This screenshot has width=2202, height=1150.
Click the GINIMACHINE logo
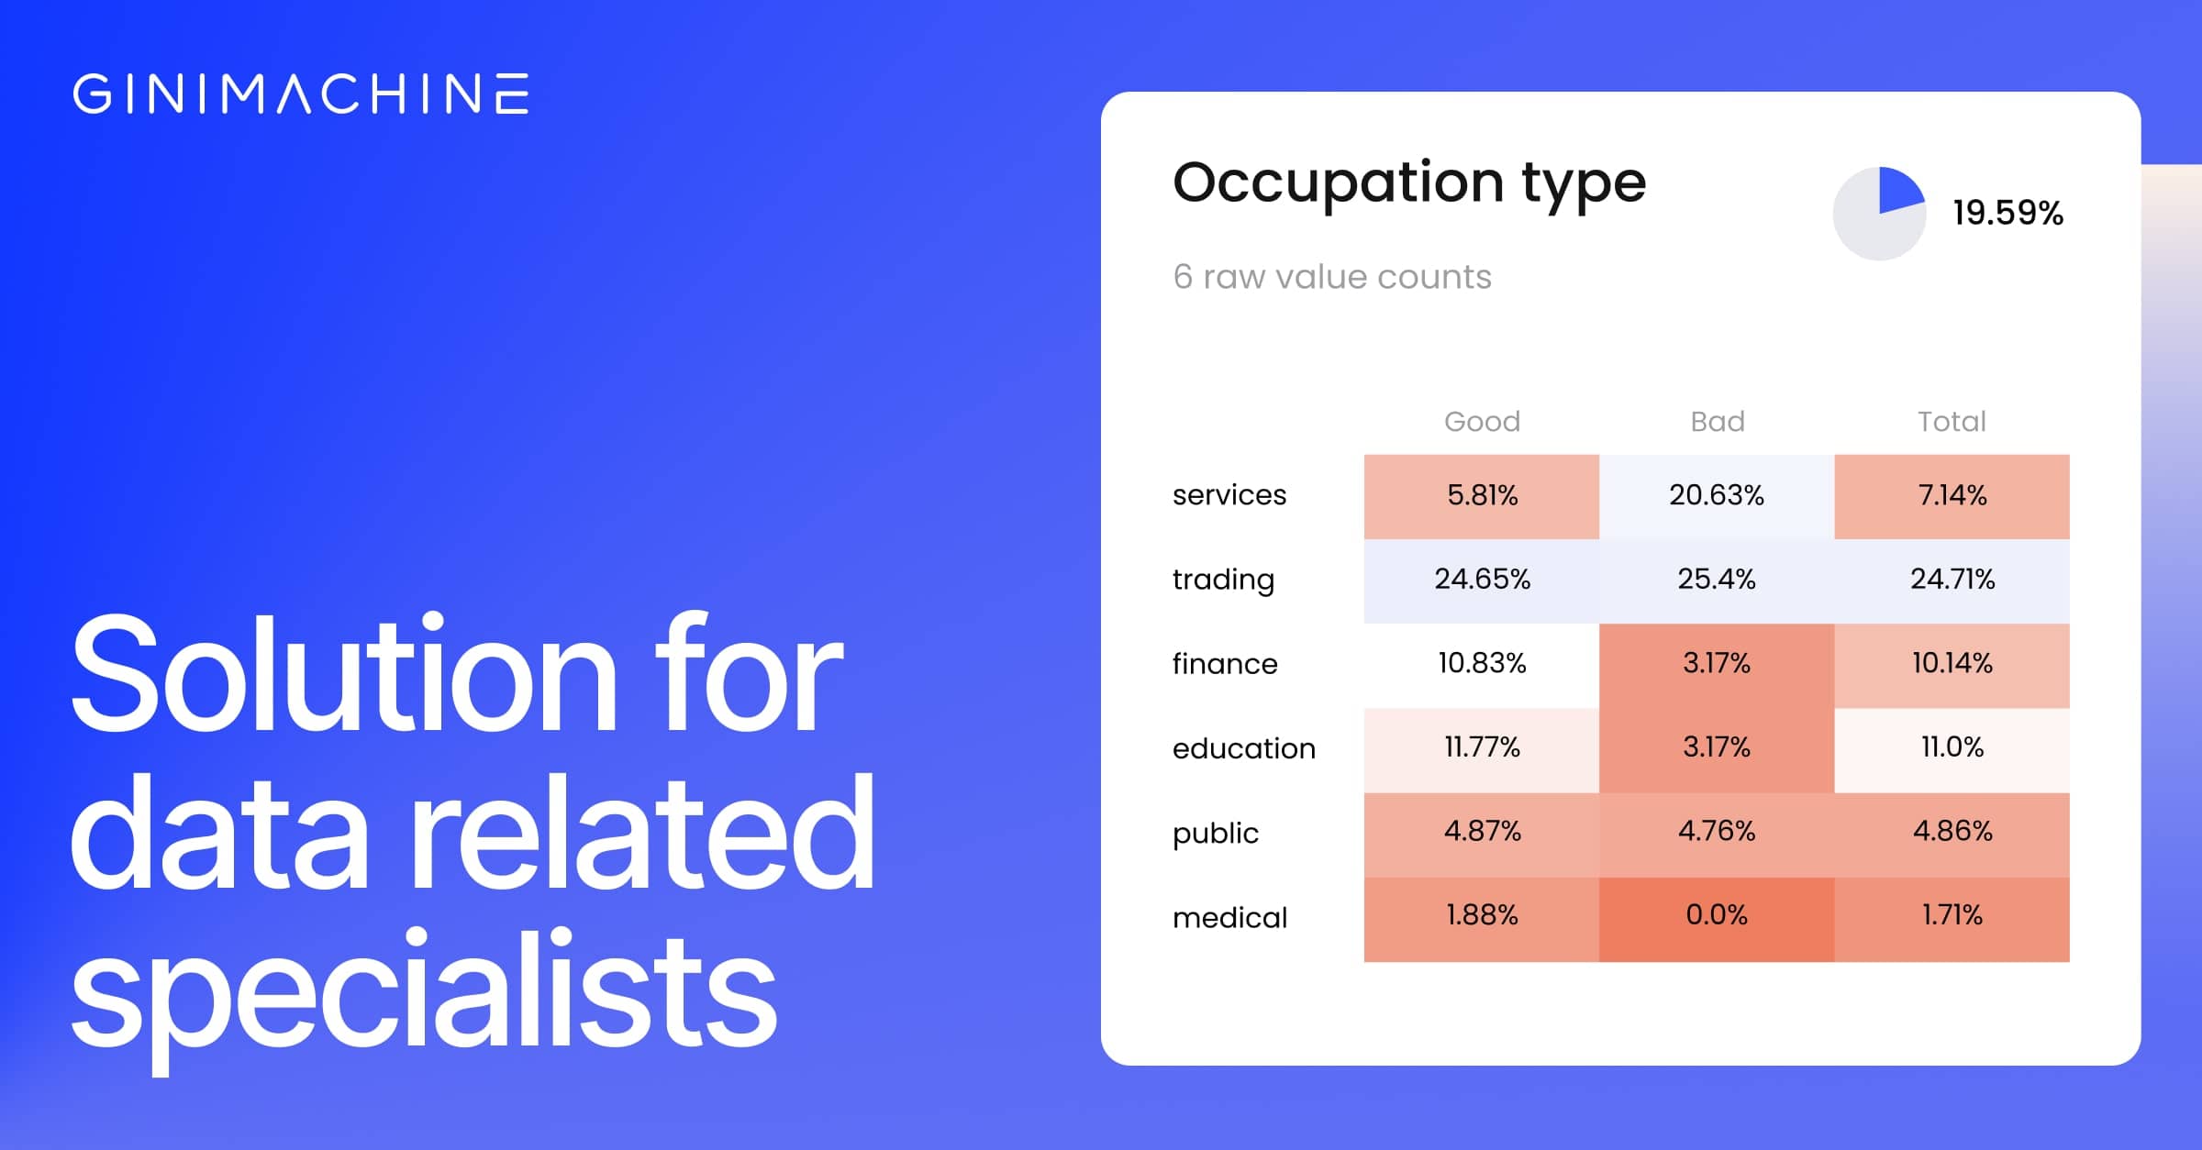point(301,94)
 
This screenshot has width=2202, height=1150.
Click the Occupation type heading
point(1409,183)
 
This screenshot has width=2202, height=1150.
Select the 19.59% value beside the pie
point(2007,213)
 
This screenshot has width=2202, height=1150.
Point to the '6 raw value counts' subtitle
point(1332,277)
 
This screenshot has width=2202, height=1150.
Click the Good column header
point(1482,421)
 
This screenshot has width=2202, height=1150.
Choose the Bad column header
point(1717,421)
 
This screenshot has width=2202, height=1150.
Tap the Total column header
point(1952,421)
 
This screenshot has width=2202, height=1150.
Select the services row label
point(1229,495)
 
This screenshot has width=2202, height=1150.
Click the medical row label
point(1229,917)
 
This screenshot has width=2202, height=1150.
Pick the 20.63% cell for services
point(1717,495)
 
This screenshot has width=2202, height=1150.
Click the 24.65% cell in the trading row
point(1482,580)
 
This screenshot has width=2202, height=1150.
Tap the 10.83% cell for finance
point(1482,663)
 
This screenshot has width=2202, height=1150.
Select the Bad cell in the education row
point(1717,747)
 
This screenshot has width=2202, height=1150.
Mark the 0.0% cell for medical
point(1717,915)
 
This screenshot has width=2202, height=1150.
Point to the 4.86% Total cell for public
point(1952,832)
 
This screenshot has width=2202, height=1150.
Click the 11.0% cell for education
point(1952,747)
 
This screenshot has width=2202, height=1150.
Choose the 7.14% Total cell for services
point(1952,495)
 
